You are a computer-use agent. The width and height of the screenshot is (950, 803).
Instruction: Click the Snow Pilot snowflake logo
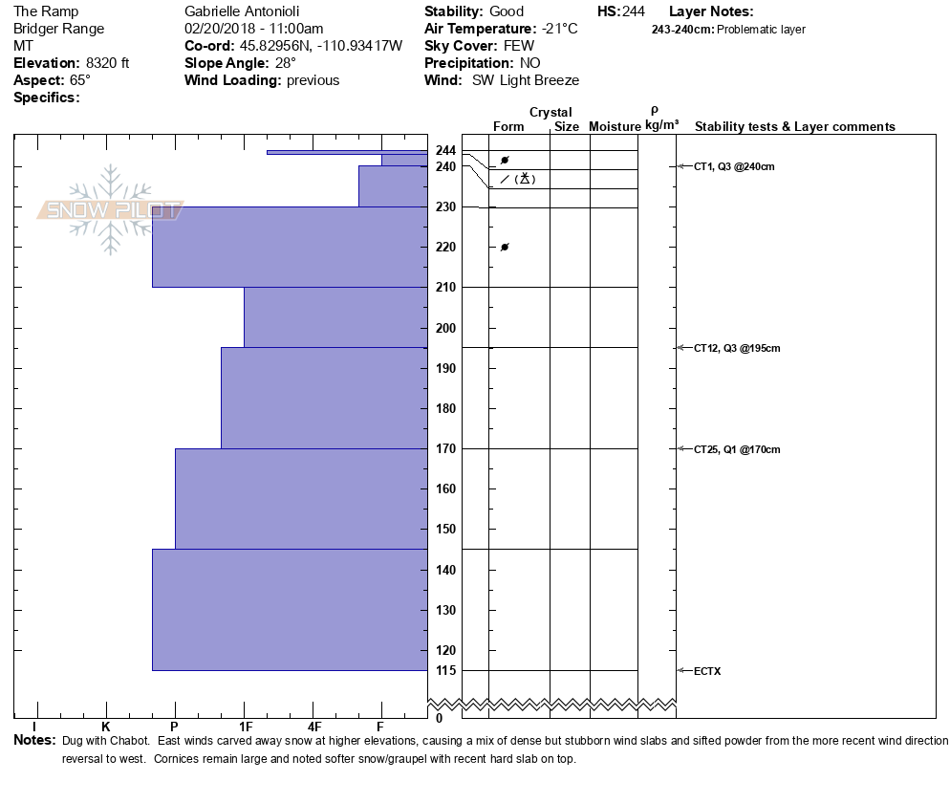111,210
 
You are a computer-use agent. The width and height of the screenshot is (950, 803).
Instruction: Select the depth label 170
445,448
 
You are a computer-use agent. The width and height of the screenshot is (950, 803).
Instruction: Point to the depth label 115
445,670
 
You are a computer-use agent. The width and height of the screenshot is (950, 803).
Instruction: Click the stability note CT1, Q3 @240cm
734,166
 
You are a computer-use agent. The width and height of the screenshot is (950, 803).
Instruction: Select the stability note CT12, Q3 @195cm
737,348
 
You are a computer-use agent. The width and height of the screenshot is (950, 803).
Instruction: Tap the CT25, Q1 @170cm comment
737,449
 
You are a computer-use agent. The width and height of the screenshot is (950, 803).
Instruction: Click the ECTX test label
707,671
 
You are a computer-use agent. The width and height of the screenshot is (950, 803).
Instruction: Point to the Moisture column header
615,127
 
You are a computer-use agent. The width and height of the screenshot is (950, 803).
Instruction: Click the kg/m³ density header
661,125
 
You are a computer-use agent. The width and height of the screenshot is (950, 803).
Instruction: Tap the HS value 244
634,11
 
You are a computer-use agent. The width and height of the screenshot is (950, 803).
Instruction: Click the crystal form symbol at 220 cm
505,248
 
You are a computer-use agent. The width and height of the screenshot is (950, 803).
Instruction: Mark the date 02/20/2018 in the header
219,29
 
